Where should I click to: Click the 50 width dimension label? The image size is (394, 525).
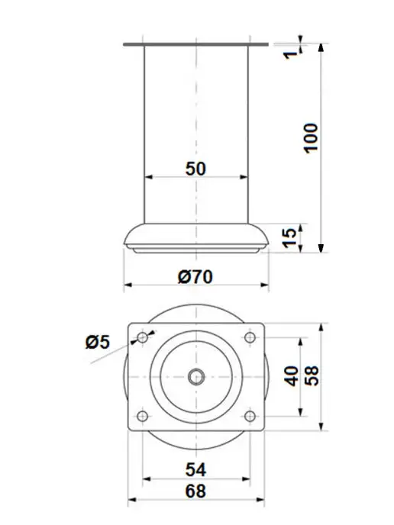195,169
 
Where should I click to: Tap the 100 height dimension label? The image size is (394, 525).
311,138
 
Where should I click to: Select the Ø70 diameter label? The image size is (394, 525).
195,277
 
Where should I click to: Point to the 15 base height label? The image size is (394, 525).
290,238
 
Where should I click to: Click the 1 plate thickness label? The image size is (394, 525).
290,53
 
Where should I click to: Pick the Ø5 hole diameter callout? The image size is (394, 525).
98,342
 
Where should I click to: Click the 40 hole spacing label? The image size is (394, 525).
292,376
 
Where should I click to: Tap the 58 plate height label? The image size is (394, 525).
312,376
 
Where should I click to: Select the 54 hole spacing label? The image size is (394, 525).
195,470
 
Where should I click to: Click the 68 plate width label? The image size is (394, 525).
195,491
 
